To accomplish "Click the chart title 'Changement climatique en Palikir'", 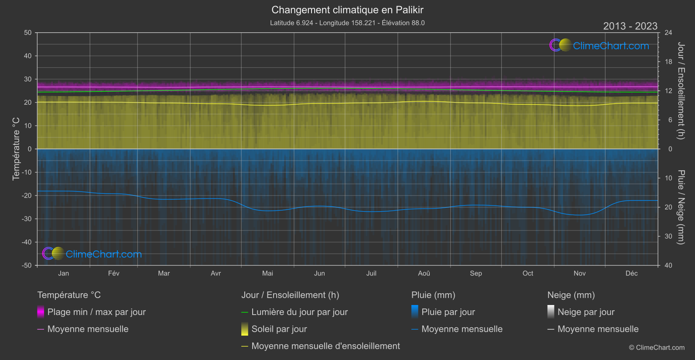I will click(x=347, y=10).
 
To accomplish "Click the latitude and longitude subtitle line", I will click(x=347, y=23).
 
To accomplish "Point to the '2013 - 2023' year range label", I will click(x=630, y=26).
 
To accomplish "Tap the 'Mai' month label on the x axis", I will click(x=267, y=273).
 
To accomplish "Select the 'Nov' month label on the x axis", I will click(x=579, y=273).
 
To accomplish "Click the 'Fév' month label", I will click(x=113, y=273).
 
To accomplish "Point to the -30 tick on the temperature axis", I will click(x=27, y=219).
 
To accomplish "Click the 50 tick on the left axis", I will click(x=28, y=33).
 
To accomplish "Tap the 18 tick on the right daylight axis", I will click(x=668, y=62).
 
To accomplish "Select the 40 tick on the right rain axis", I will click(x=668, y=265).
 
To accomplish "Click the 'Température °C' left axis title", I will click(x=16, y=148).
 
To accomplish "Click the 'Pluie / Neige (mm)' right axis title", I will click(x=681, y=207).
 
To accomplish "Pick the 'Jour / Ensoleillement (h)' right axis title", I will click(x=681, y=91).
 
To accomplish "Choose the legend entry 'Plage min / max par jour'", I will click(x=96, y=312).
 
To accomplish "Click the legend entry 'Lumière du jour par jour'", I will click(x=299, y=312).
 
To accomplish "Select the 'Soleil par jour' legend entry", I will click(x=279, y=329).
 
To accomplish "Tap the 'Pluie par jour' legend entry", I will click(x=448, y=312).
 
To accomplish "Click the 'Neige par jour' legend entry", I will click(x=586, y=312).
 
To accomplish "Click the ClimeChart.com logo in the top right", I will click(x=599, y=45).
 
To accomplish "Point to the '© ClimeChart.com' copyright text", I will click(x=657, y=348).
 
